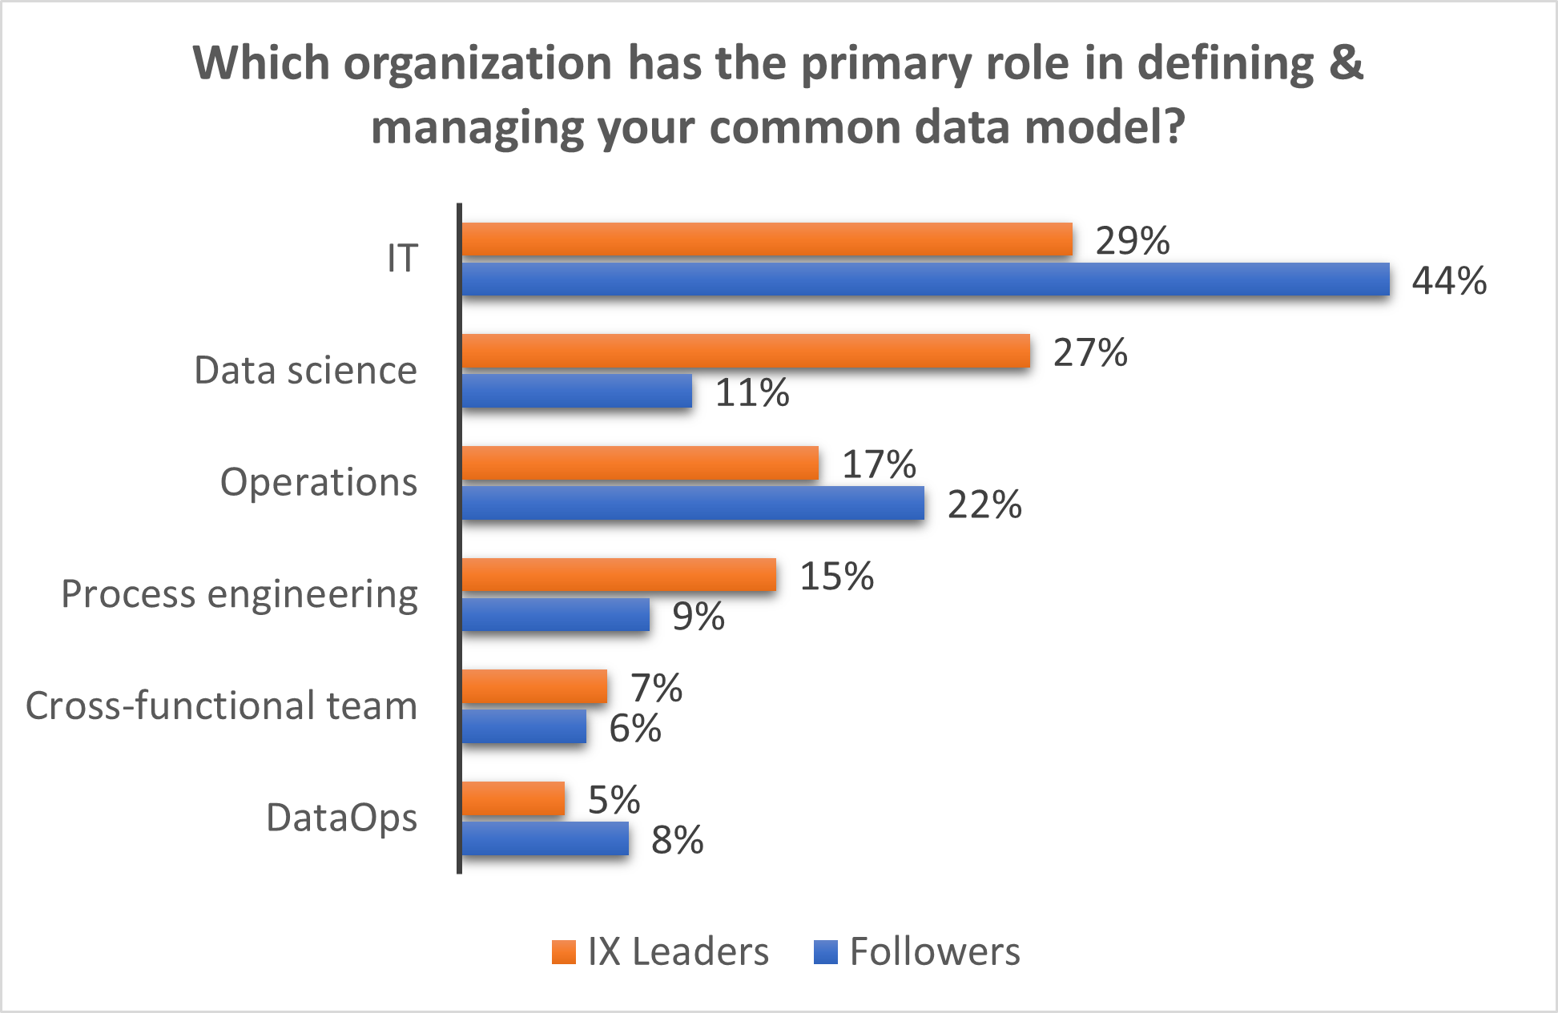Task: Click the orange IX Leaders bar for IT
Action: [x=767, y=239]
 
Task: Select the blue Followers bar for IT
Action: [x=925, y=279]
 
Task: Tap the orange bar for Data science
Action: [x=746, y=352]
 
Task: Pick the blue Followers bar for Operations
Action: [x=693, y=504]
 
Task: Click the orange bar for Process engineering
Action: [x=619, y=575]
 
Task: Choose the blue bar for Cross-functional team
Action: [x=524, y=726]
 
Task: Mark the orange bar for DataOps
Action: [x=513, y=798]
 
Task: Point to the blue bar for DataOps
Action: [x=546, y=838]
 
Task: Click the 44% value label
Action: [x=1449, y=281]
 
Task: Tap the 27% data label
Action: [x=1089, y=353]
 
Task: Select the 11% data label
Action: [x=751, y=393]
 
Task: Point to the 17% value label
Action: [x=879, y=464]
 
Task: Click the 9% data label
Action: [x=698, y=617]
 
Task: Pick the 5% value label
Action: [x=614, y=800]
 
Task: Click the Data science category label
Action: [x=305, y=371]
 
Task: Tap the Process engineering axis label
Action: [x=239, y=595]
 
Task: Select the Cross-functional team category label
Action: [x=221, y=706]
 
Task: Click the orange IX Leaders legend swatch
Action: [x=564, y=952]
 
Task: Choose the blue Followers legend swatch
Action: [x=825, y=952]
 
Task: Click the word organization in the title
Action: [x=477, y=64]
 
